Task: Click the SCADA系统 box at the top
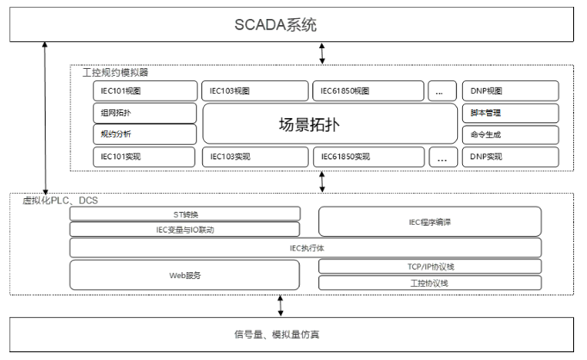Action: click(x=293, y=24)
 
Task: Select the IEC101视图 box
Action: click(x=145, y=90)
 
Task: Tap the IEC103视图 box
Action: click(x=255, y=90)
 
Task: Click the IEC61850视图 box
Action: click(x=368, y=90)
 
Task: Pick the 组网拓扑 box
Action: click(x=145, y=113)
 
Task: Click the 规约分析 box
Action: click(x=145, y=133)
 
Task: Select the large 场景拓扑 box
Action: click(x=330, y=123)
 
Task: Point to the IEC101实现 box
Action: click(x=145, y=157)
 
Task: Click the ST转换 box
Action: click(x=185, y=214)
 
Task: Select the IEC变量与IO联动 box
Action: click(x=185, y=229)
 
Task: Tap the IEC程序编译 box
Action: click(x=430, y=221)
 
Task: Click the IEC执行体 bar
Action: click(x=306, y=248)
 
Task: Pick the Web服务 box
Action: click(x=185, y=275)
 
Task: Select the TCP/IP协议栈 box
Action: click(x=430, y=266)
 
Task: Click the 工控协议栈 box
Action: click(x=430, y=282)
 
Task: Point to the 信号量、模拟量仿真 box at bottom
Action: click(x=293, y=333)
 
